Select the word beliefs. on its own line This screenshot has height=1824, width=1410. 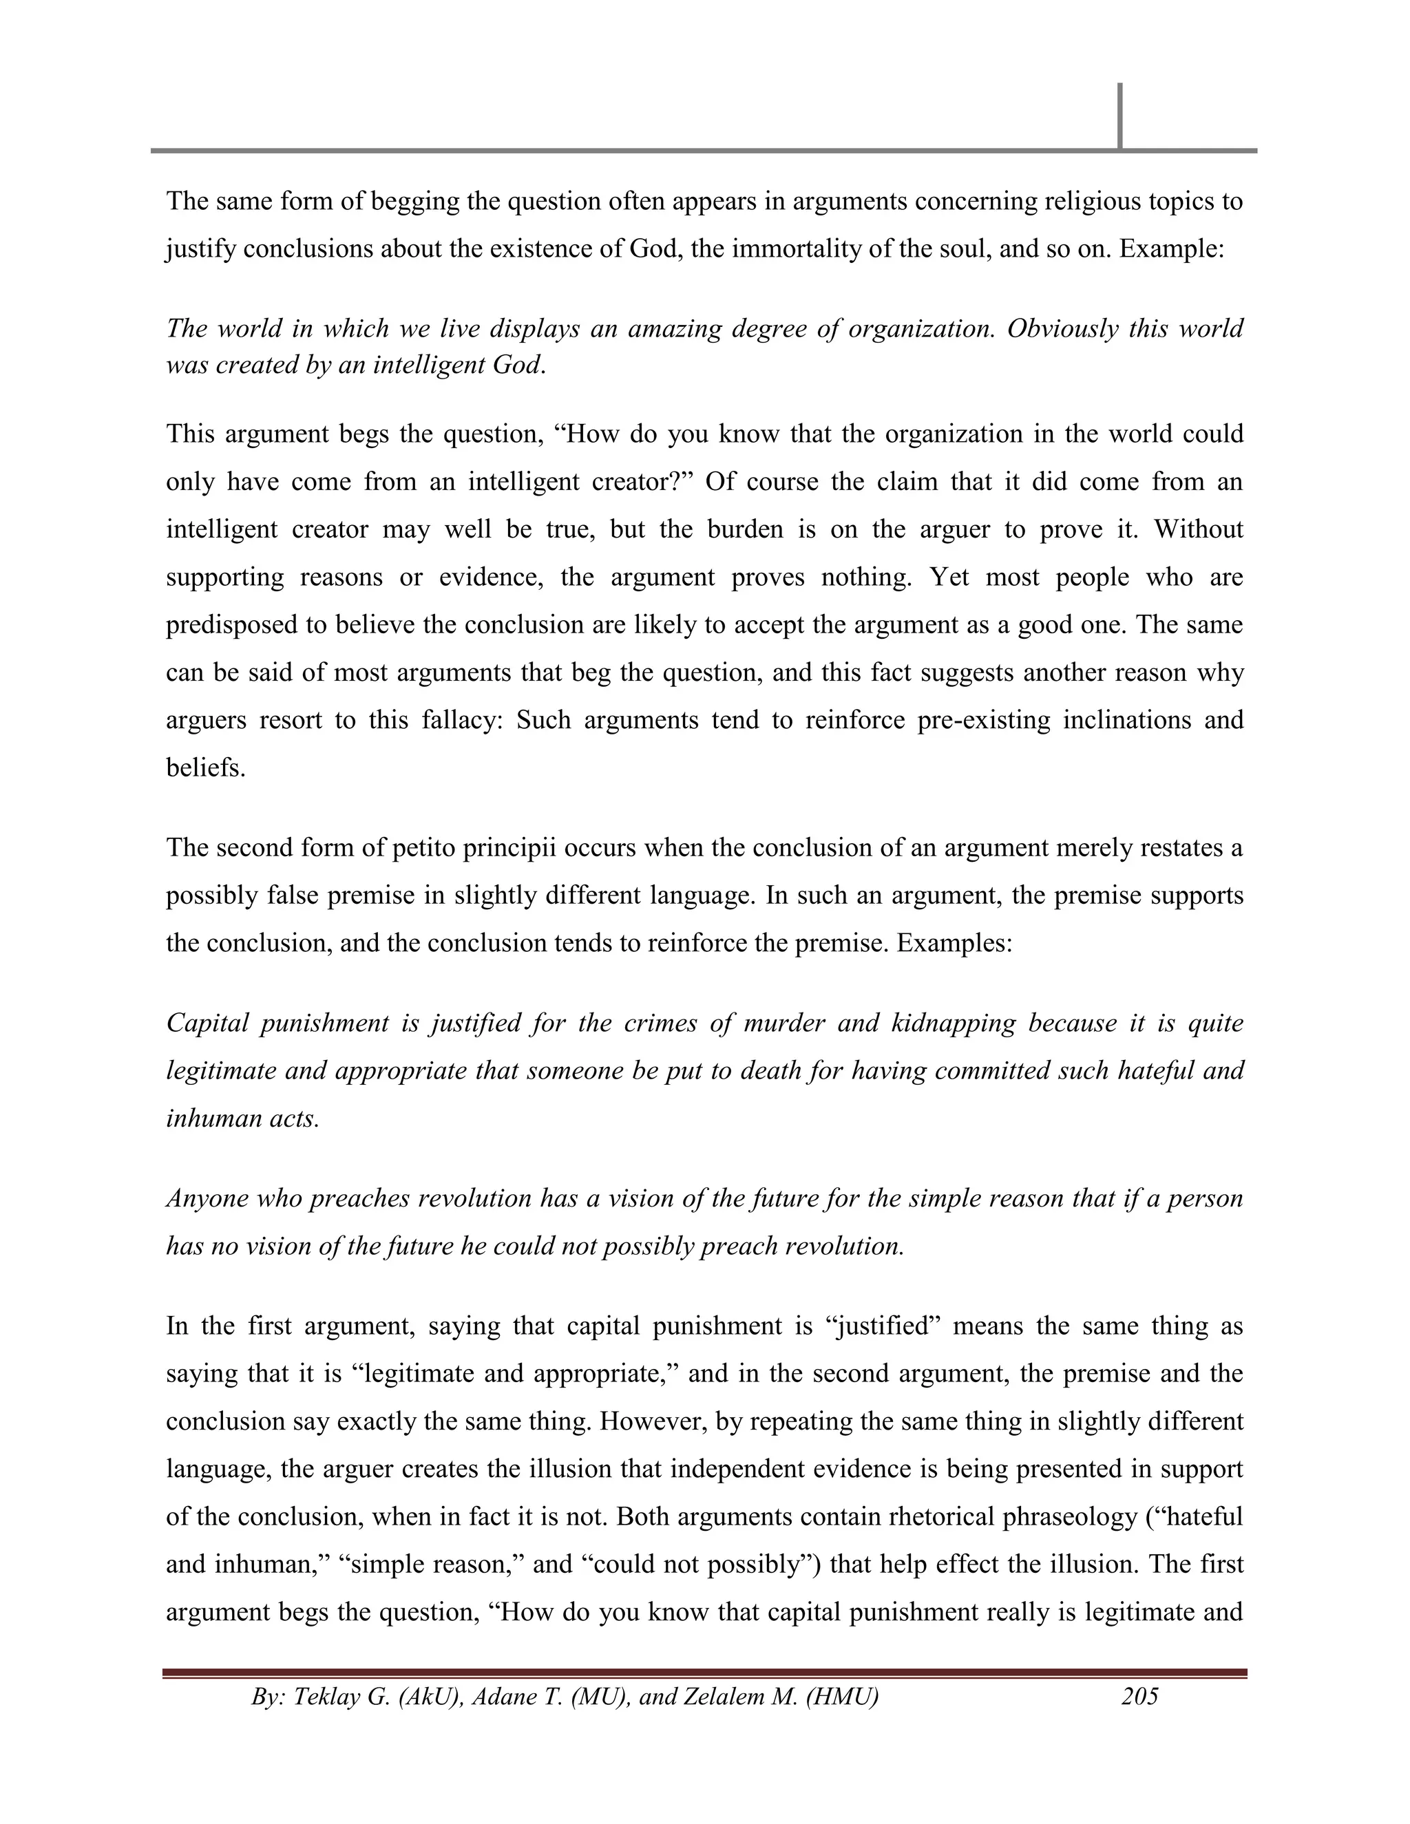pos(205,767)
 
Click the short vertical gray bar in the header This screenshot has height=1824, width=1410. pos(1119,115)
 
